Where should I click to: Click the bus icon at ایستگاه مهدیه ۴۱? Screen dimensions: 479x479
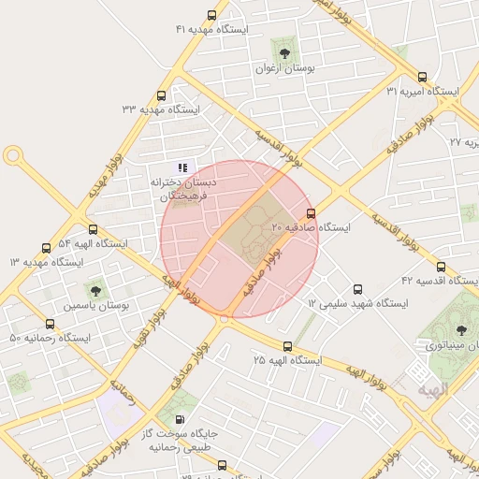click(x=211, y=16)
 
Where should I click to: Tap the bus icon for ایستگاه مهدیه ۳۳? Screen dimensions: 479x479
click(x=162, y=95)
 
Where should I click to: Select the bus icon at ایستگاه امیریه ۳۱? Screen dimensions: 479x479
click(x=422, y=78)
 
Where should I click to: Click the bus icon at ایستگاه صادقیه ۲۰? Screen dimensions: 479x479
click(x=311, y=213)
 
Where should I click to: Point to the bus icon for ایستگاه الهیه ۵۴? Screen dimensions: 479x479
click(x=92, y=229)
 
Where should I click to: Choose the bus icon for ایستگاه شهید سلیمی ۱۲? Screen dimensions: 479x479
click(x=356, y=290)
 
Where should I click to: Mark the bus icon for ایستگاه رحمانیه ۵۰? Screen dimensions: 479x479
click(x=50, y=324)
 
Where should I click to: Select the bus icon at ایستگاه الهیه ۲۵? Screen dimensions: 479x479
click(x=287, y=346)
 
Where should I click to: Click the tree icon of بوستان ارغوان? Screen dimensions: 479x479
click(x=283, y=50)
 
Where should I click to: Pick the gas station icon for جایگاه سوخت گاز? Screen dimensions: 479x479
click(x=178, y=419)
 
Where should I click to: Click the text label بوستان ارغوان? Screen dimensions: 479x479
click(x=283, y=69)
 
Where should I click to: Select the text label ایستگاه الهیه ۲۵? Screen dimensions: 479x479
click(x=287, y=360)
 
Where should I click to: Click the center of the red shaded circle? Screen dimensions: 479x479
click(x=239, y=239)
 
